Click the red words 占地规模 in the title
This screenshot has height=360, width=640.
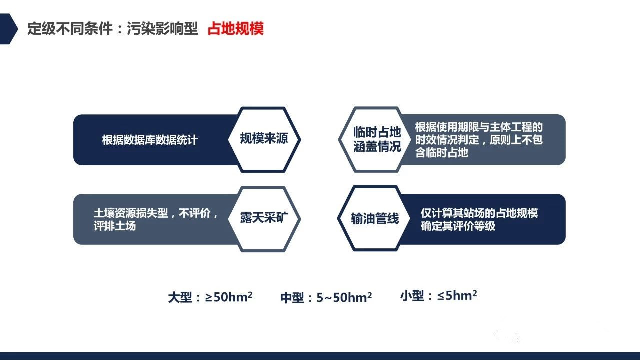pyautogui.click(x=235, y=29)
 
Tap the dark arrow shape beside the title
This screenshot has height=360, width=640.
pyautogui.click(x=8, y=29)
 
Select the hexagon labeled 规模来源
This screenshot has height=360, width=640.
pyautogui.click(x=264, y=139)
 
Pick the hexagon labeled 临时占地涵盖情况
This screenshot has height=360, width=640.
pyautogui.click(x=375, y=139)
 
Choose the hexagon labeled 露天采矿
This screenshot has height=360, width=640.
pyautogui.click(x=264, y=219)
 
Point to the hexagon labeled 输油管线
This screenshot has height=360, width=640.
pyautogui.click(x=374, y=218)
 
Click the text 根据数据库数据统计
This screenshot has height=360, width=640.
pyautogui.click(x=150, y=140)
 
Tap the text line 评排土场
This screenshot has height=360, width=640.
pyautogui.click(x=115, y=226)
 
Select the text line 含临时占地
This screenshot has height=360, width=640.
pyautogui.click(x=441, y=152)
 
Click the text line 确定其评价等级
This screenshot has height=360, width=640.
pyautogui.click(x=458, y=226)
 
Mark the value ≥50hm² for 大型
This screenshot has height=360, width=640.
pyautogui.click(x=229, y=297)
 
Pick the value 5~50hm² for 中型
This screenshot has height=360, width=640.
pyautogui.click(x=344, y=297)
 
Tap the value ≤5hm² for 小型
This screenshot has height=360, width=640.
pyautogui.click(x=457, y=295)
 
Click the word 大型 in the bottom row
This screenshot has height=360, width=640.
pyautogui.click(x=180, y=297)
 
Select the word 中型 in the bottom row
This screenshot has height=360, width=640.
pyautogui.click(x=292, y=297)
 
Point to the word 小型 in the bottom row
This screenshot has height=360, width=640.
pyautogui.click(x=412, y=295)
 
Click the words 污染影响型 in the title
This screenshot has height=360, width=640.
pyautogui.click(x=162, y=29)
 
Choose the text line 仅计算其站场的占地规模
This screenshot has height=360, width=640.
pyautogui.click(x=479, y=213)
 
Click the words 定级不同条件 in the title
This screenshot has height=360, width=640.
pyautogui.click(x=70, y=29)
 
